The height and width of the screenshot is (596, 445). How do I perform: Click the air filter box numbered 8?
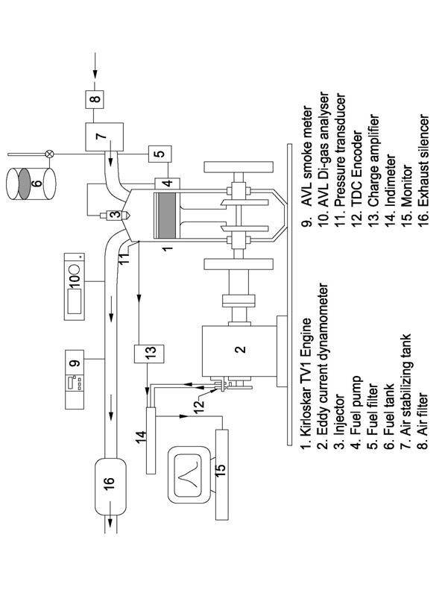pyautogui.click(x=96, y=98)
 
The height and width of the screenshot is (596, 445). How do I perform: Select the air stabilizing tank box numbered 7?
pyautogui.click(x=104, y=137)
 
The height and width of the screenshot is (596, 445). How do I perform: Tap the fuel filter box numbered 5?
pyautogui.click(x=160, y=154)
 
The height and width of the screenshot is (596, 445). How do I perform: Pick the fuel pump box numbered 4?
pyautogui.click(x=167, y=183)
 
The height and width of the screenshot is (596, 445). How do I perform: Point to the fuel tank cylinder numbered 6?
pyautogui.click(x=31, y=183)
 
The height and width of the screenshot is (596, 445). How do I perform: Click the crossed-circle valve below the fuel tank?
pyautogui.click(x=49, y=154)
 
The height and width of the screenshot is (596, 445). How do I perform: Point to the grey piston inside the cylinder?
pyautogui.click(x=165, y=216)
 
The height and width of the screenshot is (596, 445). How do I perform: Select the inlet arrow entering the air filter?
pyautogui.click(x=95, y=68)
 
